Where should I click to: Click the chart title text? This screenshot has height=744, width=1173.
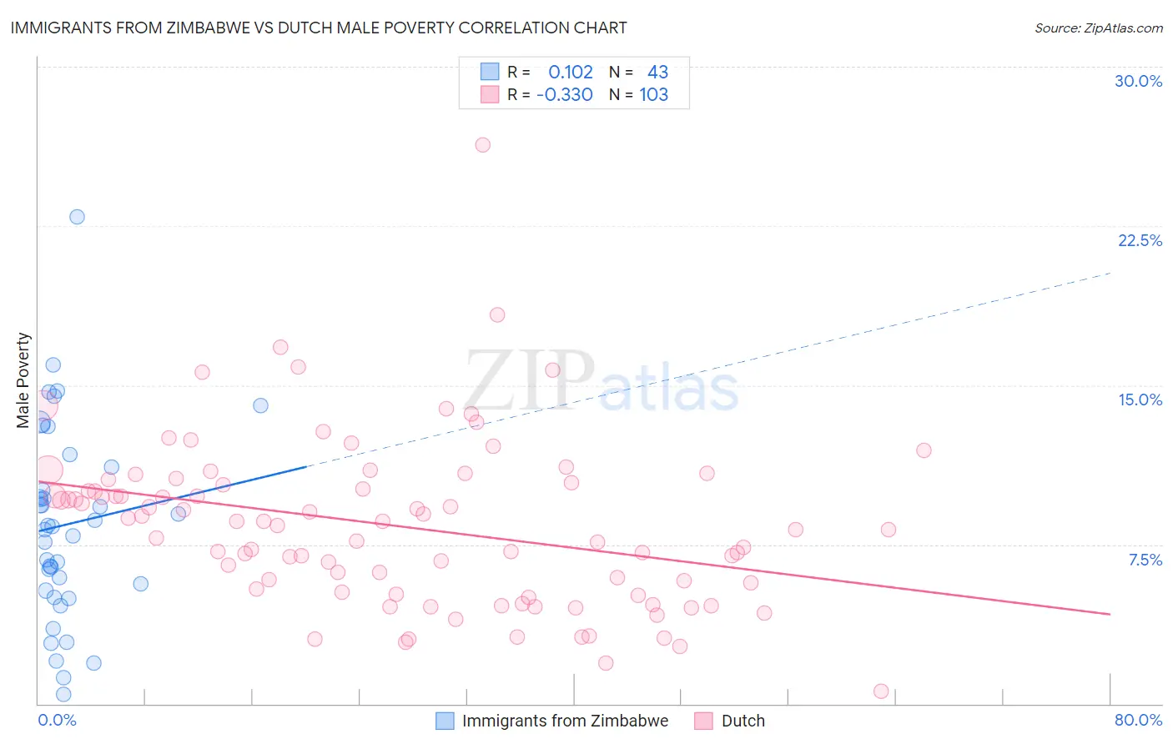(318, 28)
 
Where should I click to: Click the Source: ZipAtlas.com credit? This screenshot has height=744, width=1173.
(1098, 28)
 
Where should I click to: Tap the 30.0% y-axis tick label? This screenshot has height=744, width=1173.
(1138, 81)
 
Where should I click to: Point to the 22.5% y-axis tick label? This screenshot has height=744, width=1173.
(1140, 240)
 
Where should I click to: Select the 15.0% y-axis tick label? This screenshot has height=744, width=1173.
(1140, 400)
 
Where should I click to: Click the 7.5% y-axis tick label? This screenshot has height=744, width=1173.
(1145, 560)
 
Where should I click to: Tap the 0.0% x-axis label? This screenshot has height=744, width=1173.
(57, 720)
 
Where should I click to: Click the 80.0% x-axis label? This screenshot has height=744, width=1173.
(1138, 720)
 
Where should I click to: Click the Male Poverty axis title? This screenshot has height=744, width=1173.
(23, 380)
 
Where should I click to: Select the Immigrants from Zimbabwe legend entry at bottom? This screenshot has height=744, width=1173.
(564, 721)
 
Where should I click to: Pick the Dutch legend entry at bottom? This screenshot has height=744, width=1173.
(742, 721)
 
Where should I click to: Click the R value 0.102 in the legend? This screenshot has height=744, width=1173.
(571, 73)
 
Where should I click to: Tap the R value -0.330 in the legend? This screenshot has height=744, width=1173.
(565, 95)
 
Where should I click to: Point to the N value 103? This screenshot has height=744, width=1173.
(654, 95)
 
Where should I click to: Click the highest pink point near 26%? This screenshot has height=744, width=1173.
(482, 145)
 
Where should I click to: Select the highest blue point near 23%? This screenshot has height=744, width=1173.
(77, 217)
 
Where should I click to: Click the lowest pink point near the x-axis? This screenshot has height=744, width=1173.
(881, 691)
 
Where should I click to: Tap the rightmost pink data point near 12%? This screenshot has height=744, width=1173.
(924, 450)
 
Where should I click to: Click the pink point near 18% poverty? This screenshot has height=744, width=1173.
(497, 315)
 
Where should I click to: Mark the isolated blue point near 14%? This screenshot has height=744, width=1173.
(260, 405)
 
